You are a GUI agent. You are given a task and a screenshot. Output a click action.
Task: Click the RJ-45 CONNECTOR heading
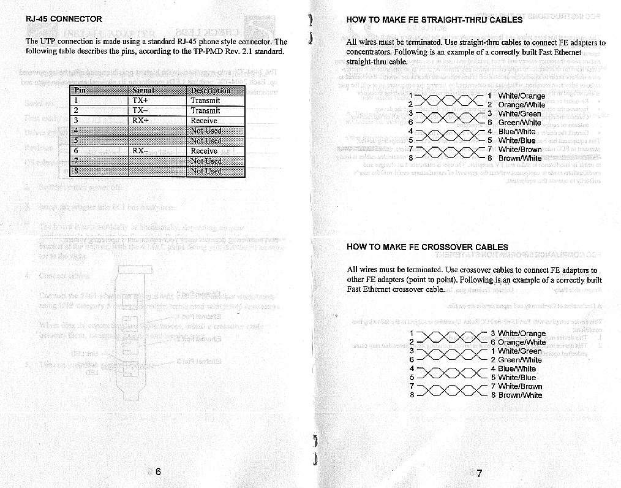64,19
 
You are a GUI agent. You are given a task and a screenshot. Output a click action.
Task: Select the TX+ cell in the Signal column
141,101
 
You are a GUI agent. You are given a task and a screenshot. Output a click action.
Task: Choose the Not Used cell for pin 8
206,171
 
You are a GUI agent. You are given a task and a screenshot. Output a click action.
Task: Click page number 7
479,473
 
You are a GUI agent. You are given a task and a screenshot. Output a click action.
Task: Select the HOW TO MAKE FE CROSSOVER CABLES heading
427,247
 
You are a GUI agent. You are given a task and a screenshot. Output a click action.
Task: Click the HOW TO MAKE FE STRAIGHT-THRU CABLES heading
434,20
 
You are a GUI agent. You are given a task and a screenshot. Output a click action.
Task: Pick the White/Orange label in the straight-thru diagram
522,96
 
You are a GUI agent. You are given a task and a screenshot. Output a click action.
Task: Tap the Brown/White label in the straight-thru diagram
520,158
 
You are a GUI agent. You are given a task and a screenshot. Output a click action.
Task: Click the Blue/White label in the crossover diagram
517,369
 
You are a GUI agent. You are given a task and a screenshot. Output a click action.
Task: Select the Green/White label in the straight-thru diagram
519,123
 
